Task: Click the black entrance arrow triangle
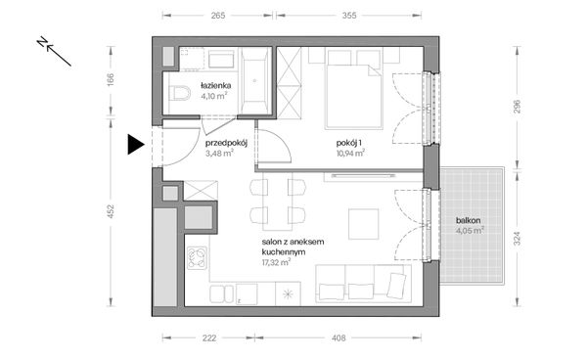click(135, 144)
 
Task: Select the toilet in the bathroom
click(180, 93)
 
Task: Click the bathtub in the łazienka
click(255, 80)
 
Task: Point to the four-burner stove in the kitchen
click(198, 258)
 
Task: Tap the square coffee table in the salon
click(364, 224)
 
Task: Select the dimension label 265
click(218, 16)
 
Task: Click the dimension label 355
click(349, 16)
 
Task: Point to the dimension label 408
click(339, 337)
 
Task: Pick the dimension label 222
click(209, 337)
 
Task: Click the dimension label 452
click(111, 211)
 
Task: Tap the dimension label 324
click(517, 239)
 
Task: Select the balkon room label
click(468, 220)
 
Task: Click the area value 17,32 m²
click(276, 262)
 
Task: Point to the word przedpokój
click(226, 143)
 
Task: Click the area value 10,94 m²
click(350, 153)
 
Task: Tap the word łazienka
click(215, 85)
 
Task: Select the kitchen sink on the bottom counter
click(222, 293)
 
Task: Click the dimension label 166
click(111, 79)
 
